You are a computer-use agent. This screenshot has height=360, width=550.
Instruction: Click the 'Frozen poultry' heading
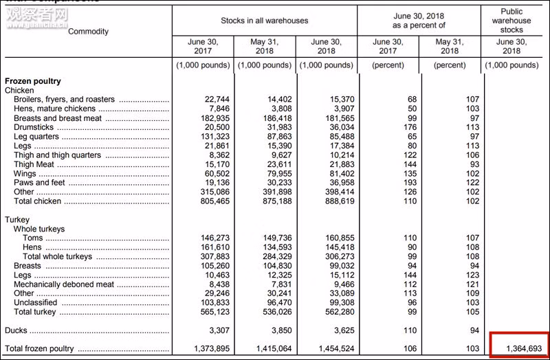click(x=33, y=81)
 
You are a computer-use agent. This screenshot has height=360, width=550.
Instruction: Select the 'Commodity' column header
click(x=89, y=32)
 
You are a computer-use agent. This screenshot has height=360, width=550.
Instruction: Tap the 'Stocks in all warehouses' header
click(x=265, y=21)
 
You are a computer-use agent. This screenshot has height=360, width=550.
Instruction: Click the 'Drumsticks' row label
click(x=34, y=128)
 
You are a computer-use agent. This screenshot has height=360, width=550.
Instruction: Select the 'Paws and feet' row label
click(x=40, y=183)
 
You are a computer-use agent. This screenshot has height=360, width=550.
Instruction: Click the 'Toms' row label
click(x=32, y=238)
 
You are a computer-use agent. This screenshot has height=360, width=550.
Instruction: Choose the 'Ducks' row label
click(x=16, y=330)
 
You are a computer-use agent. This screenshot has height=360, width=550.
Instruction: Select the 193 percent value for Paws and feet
click(x=412, y=183)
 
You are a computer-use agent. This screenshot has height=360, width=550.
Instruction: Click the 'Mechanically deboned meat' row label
click(x=64, y=284)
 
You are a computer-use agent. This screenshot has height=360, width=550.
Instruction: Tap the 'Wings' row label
click(x=25, y=174)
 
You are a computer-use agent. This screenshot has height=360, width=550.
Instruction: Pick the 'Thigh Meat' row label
click(x=34, y=165)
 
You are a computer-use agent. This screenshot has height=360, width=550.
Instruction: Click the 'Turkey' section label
click(x=17, y=220)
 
